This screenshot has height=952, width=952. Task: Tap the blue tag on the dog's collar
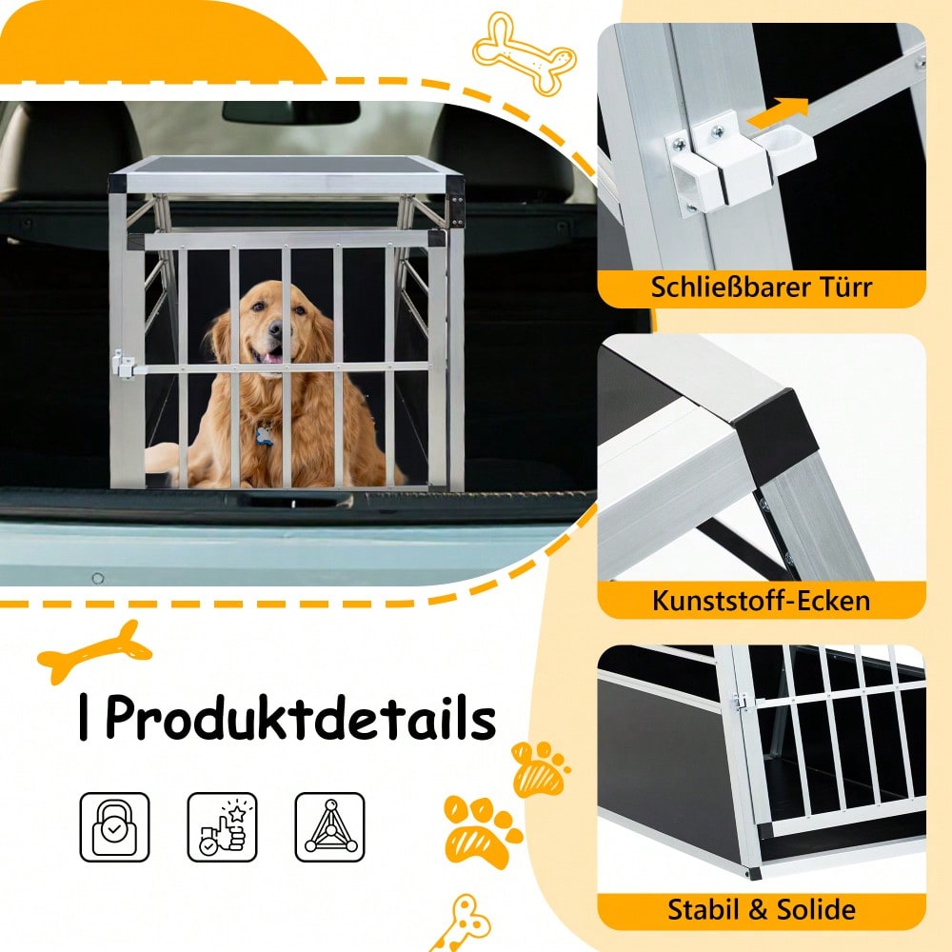click(x=265, y=436)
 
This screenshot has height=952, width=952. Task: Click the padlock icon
click(x=114, y=826)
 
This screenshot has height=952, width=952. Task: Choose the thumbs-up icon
click(x=222, y=826)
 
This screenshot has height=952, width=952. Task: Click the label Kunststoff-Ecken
click(x=761, y=601)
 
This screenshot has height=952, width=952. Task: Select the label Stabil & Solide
click(x=761, y=909)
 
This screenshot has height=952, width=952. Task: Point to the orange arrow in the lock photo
click(x=778, y=112)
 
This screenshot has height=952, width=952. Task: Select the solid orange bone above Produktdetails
click(x=95, y=651)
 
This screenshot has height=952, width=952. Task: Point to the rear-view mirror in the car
click(x=290, y=111)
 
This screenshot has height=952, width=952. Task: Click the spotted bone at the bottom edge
click(x=463, y=922)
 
